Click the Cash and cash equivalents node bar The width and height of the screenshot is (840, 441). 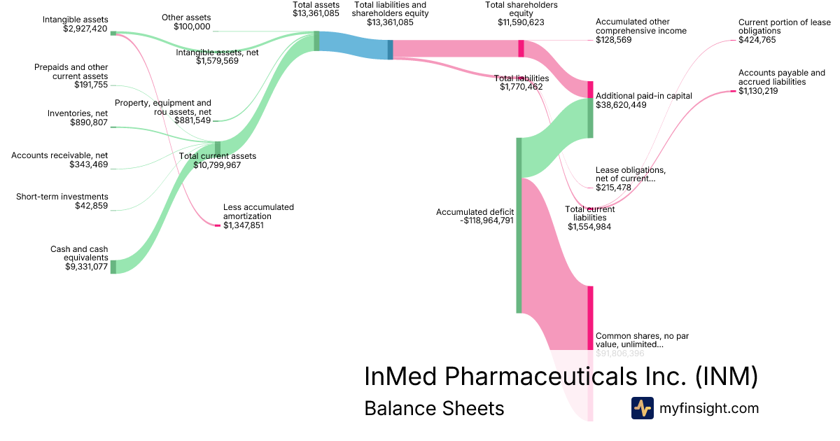click(113, 266)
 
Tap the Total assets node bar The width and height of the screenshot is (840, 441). click(316, 41)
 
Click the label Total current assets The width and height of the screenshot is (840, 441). click(218, 156)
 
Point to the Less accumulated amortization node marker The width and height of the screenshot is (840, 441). click(217, 225)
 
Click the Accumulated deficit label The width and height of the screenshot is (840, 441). click(475, 211)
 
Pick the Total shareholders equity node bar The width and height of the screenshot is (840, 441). click(521, 48)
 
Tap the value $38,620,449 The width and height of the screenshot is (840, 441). click(621, 104)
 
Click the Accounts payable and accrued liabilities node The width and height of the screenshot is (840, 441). click(733, 91)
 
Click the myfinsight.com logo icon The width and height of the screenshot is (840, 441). click(642, 408)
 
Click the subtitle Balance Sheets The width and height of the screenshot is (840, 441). click(434, 408)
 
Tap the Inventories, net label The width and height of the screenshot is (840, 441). click(78, 113)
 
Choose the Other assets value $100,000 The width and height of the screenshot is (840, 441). click(192, 27)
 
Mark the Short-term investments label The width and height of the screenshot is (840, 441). click(62, 197)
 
